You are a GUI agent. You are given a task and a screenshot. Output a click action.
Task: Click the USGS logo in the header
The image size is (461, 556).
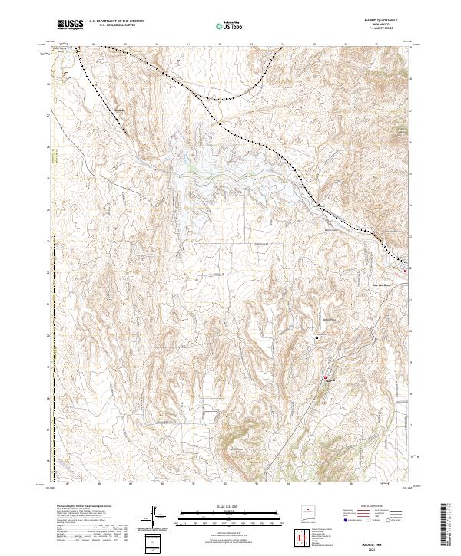[x=70, y=25]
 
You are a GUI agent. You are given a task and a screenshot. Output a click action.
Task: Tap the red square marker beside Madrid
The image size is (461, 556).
[x=325, y=377]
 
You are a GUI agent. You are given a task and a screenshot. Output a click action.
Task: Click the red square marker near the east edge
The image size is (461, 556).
[x=406, y=270]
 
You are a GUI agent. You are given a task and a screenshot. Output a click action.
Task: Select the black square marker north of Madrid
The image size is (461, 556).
[x=316, y=337]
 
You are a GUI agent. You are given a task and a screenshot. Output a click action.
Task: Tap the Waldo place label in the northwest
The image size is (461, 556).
[x=119, y=108]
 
